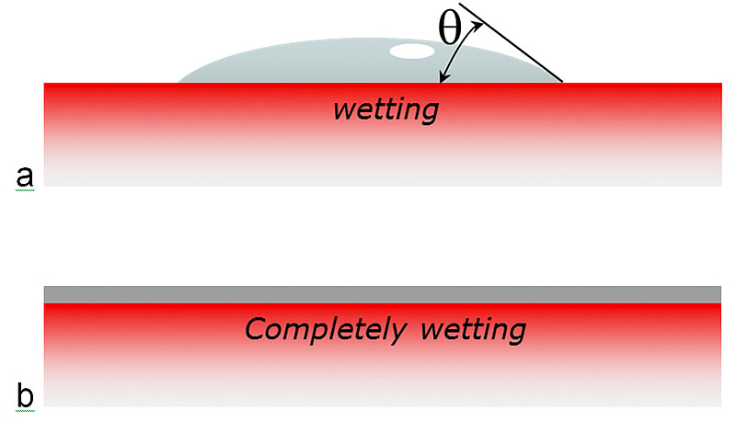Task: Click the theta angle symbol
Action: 450,29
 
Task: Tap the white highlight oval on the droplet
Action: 412,51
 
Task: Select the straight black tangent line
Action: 511,42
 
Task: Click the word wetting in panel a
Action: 385,110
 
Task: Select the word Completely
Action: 326,330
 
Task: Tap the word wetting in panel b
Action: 473,331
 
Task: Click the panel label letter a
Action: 25,177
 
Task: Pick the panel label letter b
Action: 26,394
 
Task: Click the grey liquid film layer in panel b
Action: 383,294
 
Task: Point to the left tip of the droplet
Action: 178,82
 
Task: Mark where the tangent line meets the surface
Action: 562,82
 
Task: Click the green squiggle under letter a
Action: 25,190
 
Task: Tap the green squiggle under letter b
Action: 25,411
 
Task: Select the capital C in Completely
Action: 258,329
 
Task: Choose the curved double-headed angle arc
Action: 461,51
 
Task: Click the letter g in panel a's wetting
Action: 427,114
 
